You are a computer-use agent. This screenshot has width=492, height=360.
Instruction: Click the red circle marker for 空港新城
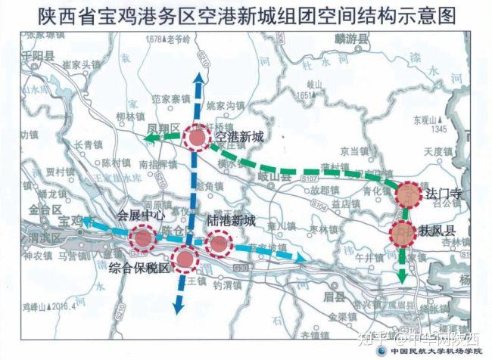196,139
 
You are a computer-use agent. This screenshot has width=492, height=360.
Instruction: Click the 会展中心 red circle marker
142,238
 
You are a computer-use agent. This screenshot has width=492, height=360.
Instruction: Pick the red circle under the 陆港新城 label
219,242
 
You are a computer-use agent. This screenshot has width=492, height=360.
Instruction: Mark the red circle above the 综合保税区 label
184,259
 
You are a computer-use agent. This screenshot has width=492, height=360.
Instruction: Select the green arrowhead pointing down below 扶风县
401,276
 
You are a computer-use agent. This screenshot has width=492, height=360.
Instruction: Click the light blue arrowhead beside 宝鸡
88,222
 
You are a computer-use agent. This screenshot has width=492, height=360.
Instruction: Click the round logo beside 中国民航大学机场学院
383,352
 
